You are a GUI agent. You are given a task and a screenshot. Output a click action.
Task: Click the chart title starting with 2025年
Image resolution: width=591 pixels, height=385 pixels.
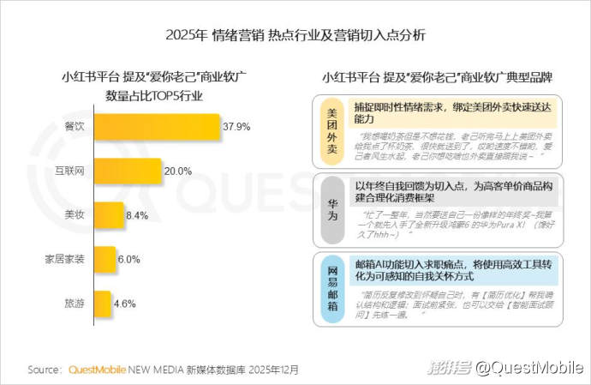pos(295,36)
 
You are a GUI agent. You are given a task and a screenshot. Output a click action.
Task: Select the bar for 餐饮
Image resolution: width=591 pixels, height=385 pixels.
pos(157,127)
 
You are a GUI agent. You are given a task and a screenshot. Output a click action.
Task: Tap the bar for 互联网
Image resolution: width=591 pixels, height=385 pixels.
pos(128,171)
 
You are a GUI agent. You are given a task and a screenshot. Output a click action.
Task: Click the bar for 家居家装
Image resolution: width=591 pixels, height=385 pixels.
pos(104,258)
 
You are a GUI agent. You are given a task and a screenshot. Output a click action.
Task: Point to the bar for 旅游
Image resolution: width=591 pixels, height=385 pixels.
pos(102,303)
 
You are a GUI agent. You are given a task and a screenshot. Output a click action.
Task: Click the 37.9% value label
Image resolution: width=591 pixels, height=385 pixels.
pos(236,127)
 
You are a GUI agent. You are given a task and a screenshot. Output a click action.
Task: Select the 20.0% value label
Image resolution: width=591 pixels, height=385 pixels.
pos(177,171)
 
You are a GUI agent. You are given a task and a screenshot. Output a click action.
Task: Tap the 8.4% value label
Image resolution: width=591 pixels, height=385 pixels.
pos(137,215)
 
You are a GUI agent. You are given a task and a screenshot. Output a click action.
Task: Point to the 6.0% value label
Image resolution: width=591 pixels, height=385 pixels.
pos(129,259)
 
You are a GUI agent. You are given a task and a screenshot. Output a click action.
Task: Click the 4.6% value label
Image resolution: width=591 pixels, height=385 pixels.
pos(125,304)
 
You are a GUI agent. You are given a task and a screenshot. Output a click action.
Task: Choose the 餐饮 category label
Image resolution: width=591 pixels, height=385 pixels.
pos(75,127)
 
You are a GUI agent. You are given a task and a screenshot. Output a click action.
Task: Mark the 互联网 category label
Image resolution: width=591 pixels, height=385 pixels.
pos(69,171)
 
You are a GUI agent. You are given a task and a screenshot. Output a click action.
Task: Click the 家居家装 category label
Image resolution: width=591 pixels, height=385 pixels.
pos(64,258)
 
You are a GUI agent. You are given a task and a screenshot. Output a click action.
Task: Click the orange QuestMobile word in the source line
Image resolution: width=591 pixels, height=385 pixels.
pos(96,370)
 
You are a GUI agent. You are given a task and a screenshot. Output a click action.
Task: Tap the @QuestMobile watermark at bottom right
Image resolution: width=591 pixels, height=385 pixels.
pos(528,369)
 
